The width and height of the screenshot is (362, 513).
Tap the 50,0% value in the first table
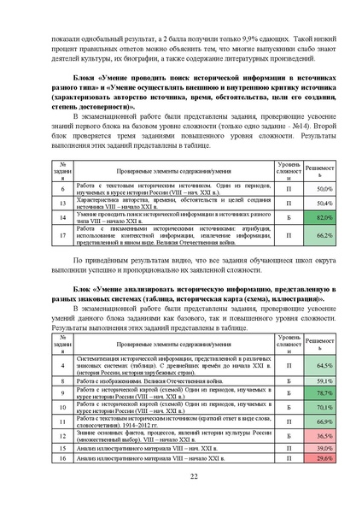[x=318, y=188]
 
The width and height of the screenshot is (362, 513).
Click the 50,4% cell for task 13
[x=318, y=203]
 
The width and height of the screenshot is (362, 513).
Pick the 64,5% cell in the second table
[x=318, y=364]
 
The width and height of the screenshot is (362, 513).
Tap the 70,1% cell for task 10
[x=318, y=407]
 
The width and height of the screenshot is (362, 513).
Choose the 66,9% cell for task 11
[x=318, y=422]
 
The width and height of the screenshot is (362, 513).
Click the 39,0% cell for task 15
[x=318, y=447]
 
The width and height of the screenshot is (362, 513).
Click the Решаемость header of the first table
[x=318, y=170]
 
